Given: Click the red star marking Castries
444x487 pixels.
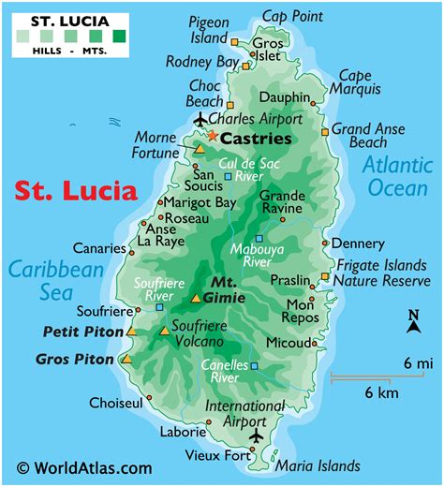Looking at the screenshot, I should pyautogui.click(x=213, y=137).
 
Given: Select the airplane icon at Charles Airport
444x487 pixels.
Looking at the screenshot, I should pyautogui.click(x=200, y=119).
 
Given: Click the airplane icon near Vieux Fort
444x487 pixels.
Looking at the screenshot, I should pyautogui.click(x=257, y=436).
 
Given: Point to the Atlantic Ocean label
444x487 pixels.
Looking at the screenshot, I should pyautogui.click(x=397, y=176).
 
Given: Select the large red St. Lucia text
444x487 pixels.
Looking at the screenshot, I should pyautogui.click(x=75, y=191).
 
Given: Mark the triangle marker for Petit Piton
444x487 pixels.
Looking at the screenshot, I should pyautogui.click(x=132, y=331).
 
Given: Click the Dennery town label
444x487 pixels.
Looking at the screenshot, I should pyautogui.click(x=358, y=243).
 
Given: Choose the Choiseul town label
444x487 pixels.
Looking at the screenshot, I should pyautogui.click(x=115, y=403).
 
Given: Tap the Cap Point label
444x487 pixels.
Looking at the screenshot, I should pyautogui.click(x=294, y=16).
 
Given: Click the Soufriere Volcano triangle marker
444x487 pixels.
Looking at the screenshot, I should pyautogui.click(x=165, y=331).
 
